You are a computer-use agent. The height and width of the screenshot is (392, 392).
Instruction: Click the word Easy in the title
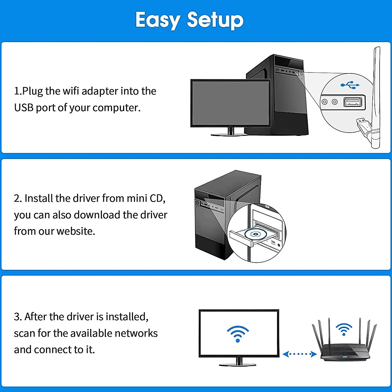[157, 20]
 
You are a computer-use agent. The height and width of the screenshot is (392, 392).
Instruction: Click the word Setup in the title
[215, 20]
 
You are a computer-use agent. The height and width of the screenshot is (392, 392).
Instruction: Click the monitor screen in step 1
[231, 103]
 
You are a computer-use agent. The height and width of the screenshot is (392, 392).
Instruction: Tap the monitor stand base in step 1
[231, 134]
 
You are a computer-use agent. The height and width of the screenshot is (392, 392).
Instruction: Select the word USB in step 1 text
[24, 107]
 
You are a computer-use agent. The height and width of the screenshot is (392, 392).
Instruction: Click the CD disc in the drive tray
[254, 234]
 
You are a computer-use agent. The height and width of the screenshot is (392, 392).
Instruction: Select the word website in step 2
[75, 231]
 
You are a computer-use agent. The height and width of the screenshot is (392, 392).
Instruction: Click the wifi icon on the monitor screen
[238, 333]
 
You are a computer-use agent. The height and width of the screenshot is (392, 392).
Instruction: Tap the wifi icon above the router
[344, 329]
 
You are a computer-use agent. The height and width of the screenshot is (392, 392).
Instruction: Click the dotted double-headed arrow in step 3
[300, 354]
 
